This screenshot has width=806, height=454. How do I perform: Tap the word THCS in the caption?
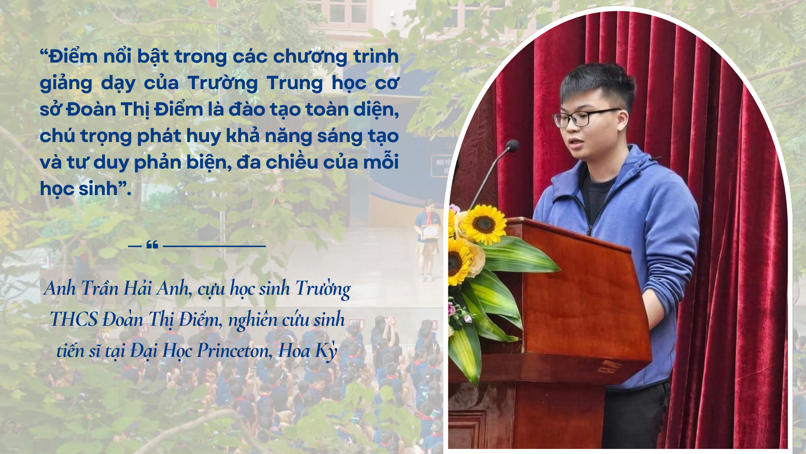tap(74, 319)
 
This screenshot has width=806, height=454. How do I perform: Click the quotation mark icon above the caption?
tap(152, 245)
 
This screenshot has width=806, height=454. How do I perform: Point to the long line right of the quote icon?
tap(215, 246)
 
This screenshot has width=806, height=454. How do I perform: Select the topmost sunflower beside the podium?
tap(484, 224)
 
